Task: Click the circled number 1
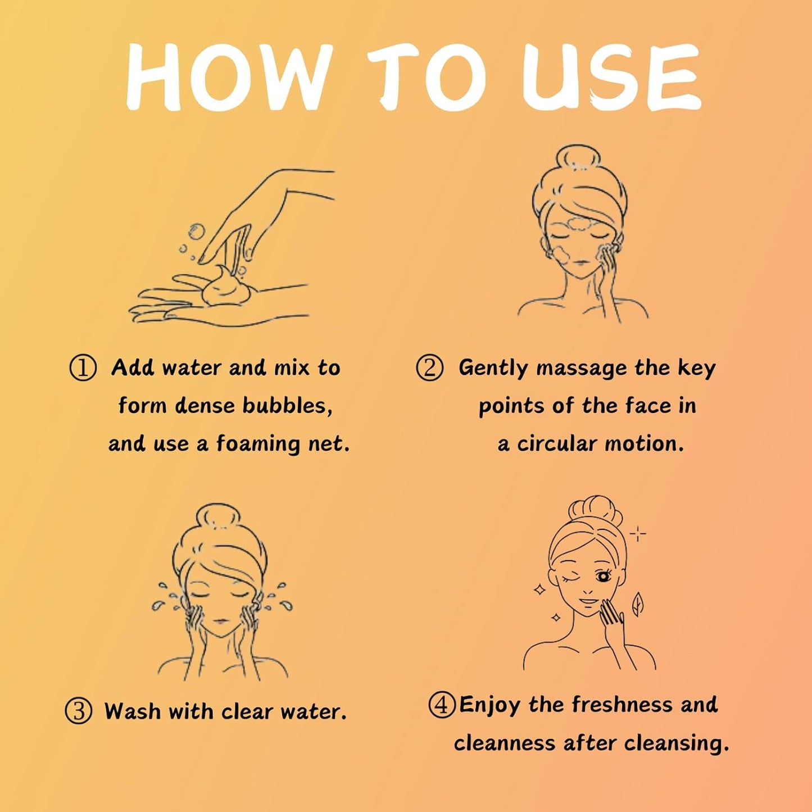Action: pyautogui.click(x=83, y=368)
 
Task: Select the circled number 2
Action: pyautogui.click(x=429, y=368)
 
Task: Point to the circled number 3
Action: pyautogui.click(x=78, y=711)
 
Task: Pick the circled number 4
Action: pyautogui.click(x=442, y=705)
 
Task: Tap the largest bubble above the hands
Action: pyautogui.click(x=196, y=231)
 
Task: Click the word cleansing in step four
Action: pyautogui.click(x=677, y=743)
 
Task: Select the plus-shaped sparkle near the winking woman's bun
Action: pyautogui.click(x=638, y=534)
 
